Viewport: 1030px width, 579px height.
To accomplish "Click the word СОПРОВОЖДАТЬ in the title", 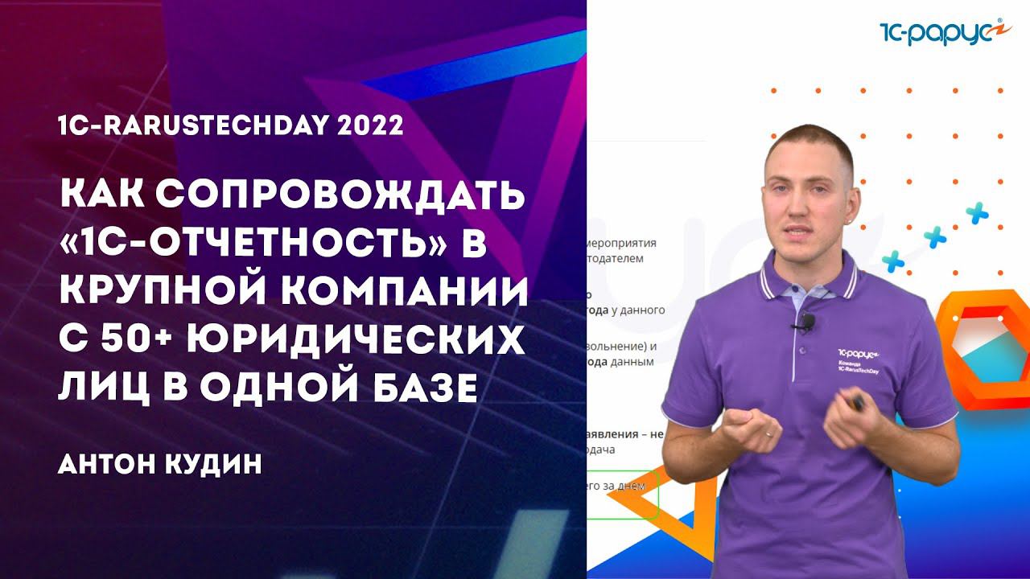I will point(339,197).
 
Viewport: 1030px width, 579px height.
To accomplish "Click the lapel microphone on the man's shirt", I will point(805,323).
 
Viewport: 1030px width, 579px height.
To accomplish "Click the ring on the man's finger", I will point(769,433).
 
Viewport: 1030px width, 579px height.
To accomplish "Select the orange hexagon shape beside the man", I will point(984,338).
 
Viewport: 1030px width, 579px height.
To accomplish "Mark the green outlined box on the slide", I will point(623,493).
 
